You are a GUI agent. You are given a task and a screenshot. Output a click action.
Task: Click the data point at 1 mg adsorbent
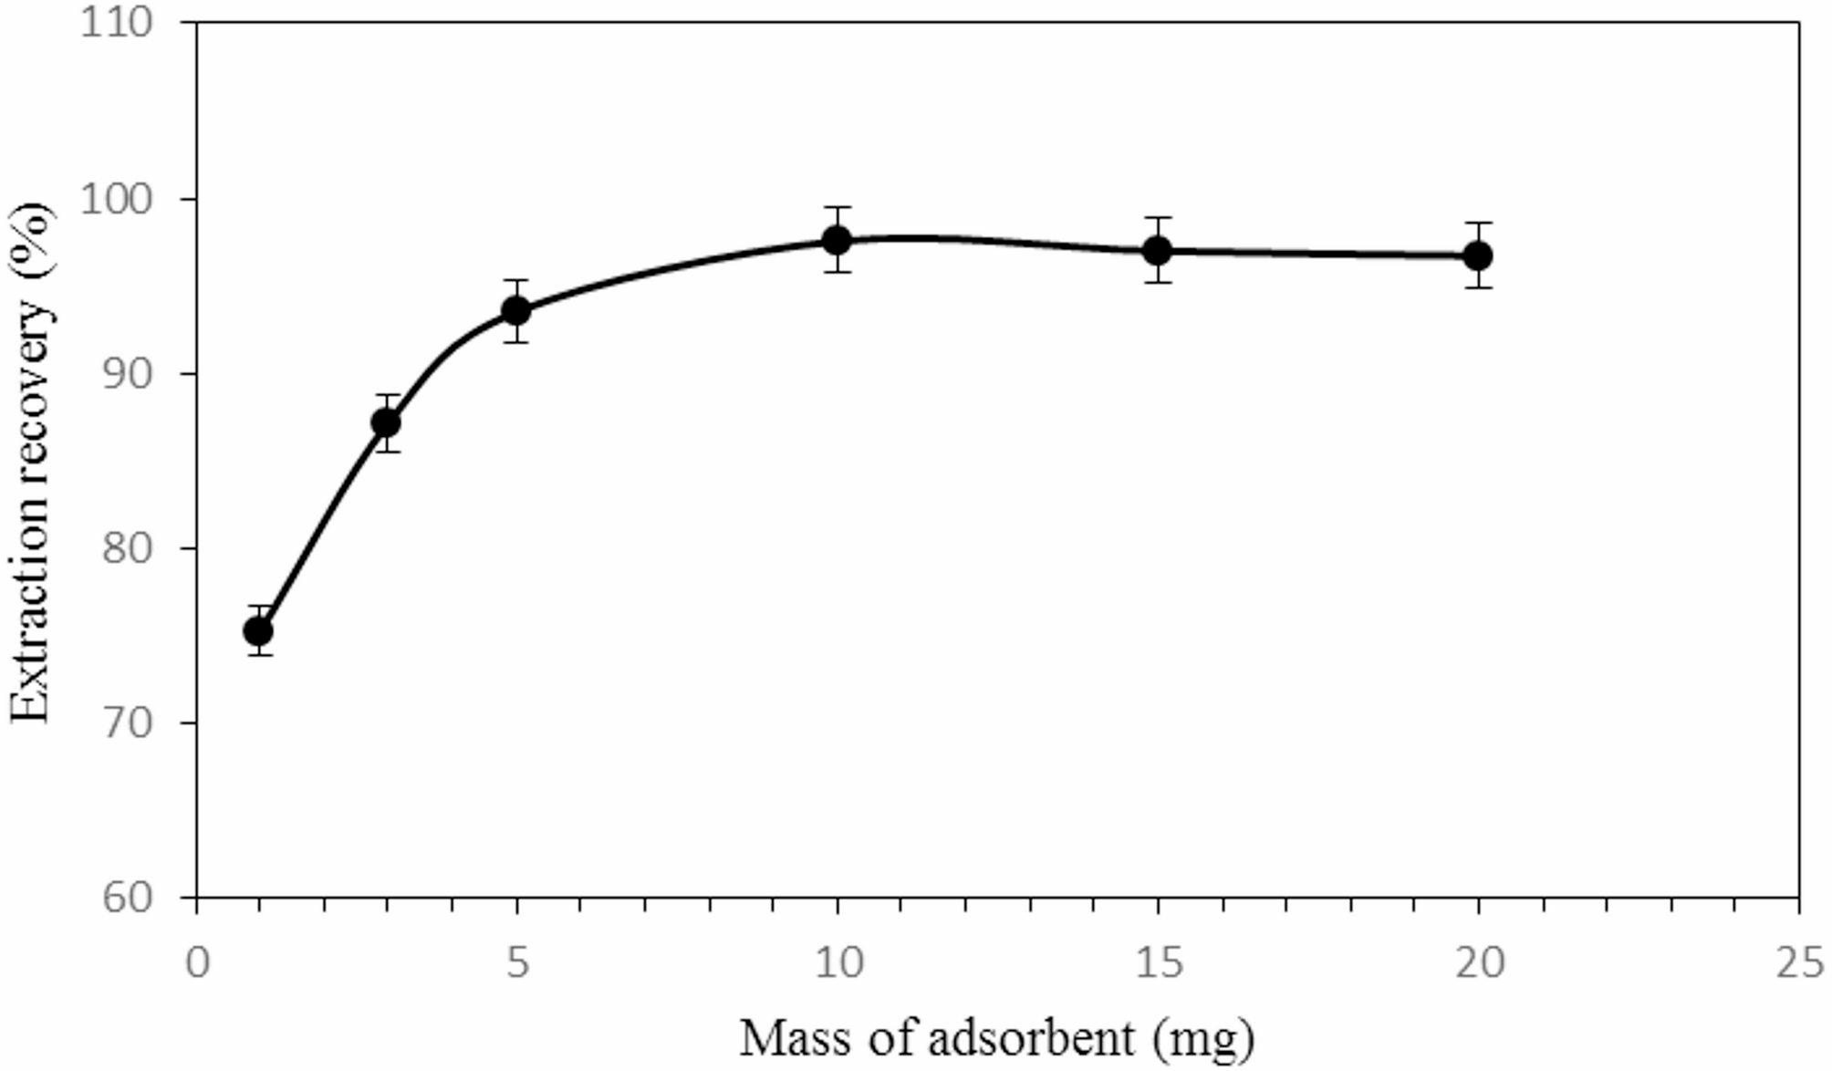(258, 630)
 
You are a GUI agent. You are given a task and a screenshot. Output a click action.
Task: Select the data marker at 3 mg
(386, 422)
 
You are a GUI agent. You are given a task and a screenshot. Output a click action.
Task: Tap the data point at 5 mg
(516, 311)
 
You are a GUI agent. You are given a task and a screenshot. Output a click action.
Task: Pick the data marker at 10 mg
(837, 240)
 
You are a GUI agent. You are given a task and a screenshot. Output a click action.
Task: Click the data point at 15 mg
(1157, 249)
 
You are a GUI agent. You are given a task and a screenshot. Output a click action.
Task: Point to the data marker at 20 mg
(1478, 255)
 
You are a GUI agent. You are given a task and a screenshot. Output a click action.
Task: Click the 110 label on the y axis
(116, 22)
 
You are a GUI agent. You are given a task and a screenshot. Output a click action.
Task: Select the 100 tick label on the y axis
(116, 198)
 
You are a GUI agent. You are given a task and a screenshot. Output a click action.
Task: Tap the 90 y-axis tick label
(126, 373)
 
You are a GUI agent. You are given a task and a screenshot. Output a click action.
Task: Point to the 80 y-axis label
(126, 548)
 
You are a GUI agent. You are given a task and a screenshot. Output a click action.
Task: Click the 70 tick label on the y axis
(126, 723)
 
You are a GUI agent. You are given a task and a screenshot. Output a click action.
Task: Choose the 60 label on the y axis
(126, 898)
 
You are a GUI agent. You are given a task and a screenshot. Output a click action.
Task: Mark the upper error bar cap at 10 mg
(837, 208)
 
